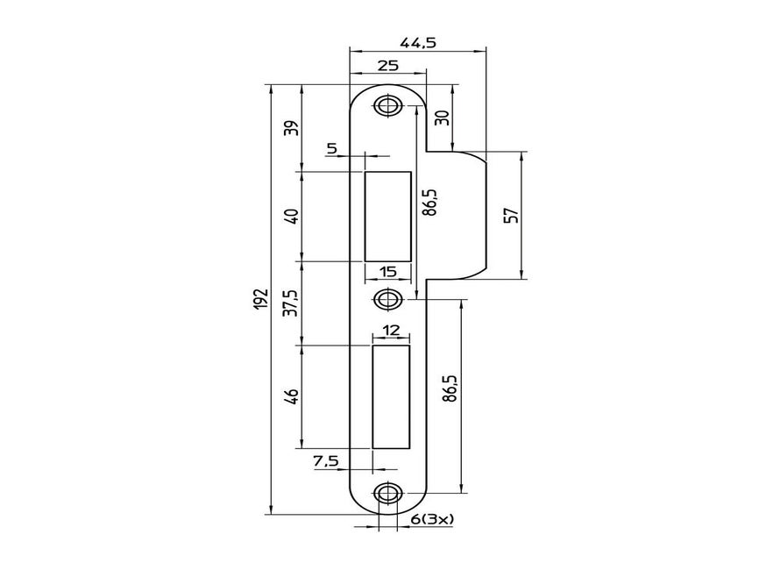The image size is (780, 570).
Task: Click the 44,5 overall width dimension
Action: pyautogui.click(x=418, y=42)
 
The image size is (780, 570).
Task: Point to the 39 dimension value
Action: pyautogui.click(x=294, y=128)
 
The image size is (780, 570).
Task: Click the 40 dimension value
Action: pyautogui.click(x=294, y=216)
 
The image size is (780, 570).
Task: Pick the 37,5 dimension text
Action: pyautogui.click(x=294, y=303)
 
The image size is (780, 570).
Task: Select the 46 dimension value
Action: pyautogui.click(x=294, y=395)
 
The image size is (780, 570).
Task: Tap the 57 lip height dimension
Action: pyautogui.click(x=512, y=215)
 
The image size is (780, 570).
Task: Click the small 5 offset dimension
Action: pyautogui.click(x=331, y=148)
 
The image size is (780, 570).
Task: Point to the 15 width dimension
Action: pyautogui.click(x=387, y=272)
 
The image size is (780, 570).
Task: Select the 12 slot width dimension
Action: pyautogui.click(x=391, y=331)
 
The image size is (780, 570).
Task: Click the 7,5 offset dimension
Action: pyautogui.click(x=326, y=461)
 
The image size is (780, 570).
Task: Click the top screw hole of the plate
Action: pyautogui.click(x=386, y=106)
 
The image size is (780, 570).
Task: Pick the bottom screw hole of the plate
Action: pyautogui.click(x=386, y=494)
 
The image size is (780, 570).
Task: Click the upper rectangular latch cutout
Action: pyautogui.click(x=387, y=217)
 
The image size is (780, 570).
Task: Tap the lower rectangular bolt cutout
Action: pyautogui.click(x=391, y=395)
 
